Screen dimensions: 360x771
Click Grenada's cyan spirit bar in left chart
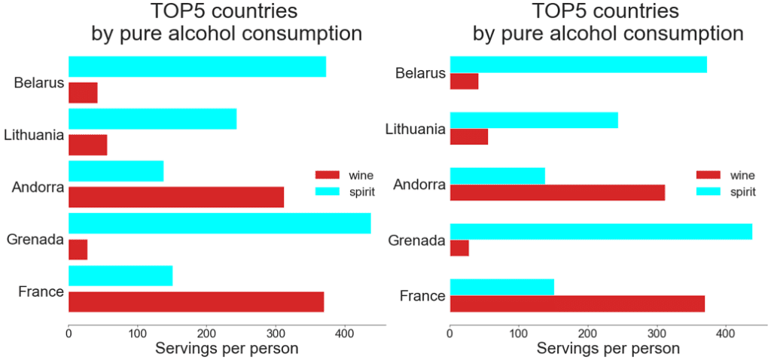(219, 223)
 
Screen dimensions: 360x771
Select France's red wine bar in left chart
(196, 301)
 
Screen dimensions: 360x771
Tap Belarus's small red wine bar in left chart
(83, 93)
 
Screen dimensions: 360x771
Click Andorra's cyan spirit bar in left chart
(116, 171)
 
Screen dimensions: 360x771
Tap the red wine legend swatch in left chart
(328, 175)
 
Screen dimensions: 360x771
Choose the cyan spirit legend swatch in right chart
(709, 192)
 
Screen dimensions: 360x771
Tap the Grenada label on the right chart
(416, 241)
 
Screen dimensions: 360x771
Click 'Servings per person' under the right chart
(608, 349)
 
